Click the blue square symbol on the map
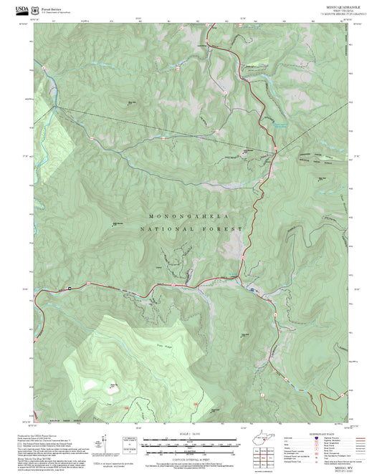point(252,290)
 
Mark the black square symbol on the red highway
point(70,288)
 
